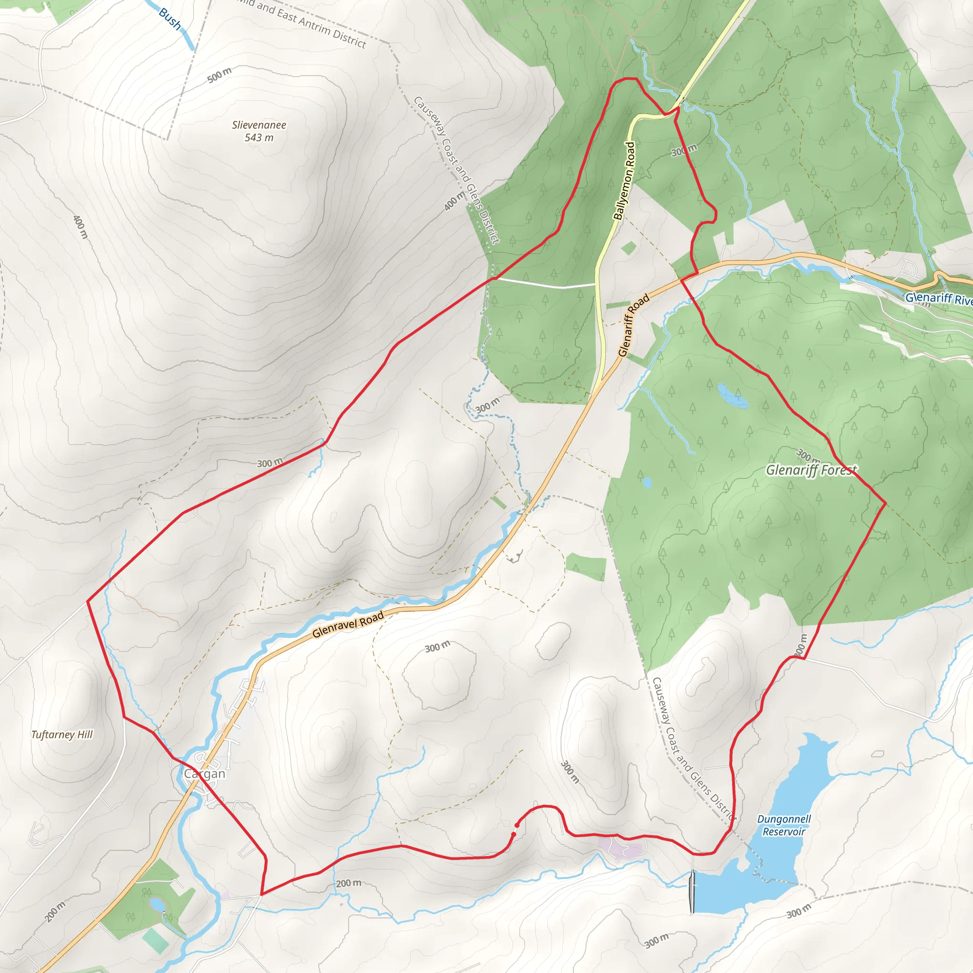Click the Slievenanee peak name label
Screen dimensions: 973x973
tap(259, 125)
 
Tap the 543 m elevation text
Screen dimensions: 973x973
tap(259, 137)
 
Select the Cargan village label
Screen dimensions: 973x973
tap(204, 773)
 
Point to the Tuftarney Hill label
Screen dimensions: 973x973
tap(62, 735)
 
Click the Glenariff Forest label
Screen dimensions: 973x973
tap(811, 470)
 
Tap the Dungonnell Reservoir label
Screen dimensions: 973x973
tap(783, 825)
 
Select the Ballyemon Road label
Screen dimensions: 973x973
tap(624, 181)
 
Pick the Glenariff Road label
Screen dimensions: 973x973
tap(634, 325)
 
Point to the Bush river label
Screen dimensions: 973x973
tap(170, 19)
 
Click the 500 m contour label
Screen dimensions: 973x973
tap(219, 75)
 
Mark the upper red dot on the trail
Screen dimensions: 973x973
tap(517, 825)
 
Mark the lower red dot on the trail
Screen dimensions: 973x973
tap(514, 834)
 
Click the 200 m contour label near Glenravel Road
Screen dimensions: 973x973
tap(349, 883)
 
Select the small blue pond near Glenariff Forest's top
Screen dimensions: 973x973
tap(732, 396)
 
